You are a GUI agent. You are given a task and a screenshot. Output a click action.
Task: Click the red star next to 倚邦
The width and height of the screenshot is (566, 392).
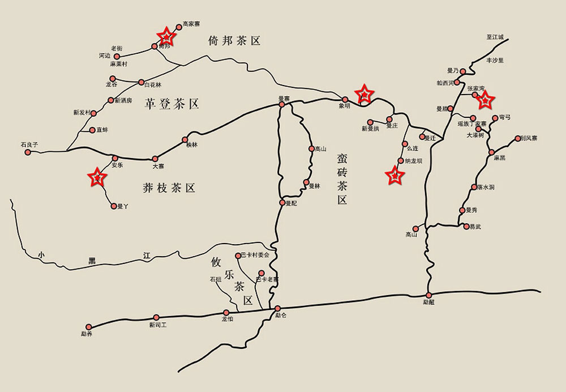pyautogui.click(x=166, y=37)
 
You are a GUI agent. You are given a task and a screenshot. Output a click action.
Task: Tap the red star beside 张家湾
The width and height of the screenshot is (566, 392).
pyautogui.click(x=484, y=100)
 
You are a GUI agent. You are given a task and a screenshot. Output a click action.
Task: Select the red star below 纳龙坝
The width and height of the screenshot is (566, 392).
pyautogui.click(x=395, y=176)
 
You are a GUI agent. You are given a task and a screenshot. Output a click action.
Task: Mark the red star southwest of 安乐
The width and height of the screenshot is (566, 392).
pyautogui.click(x=97, y=178)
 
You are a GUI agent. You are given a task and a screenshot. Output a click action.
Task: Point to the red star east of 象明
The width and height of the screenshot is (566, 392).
pyautogui.click(x=365, y=93)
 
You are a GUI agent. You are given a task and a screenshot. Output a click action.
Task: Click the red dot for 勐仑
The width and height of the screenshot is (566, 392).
pyautogui.click(x=277, y=309)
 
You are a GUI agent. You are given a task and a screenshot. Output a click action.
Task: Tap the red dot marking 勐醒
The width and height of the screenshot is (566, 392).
pyautogui.click(x=428, y=295)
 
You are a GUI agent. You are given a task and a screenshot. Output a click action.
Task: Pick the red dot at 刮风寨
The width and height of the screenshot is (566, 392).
pyautogui.click(x=517, y=138)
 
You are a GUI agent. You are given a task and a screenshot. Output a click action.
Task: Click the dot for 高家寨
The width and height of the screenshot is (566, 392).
pyautogui.click(x=179, y=26)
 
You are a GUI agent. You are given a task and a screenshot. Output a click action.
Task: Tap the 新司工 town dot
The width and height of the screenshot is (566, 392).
pyautogui.click(x=156, y=318)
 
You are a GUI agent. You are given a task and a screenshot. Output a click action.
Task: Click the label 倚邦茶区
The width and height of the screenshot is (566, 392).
pyautogui.click(x=234, y=40)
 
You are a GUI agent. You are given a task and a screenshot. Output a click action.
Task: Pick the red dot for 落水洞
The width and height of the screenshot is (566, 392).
pyautogui.click(x=474, y=187)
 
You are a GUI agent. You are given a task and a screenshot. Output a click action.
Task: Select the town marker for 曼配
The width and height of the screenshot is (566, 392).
pyautogui.click(x=282, y=202)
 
